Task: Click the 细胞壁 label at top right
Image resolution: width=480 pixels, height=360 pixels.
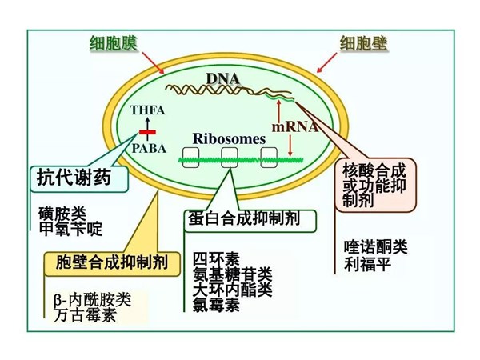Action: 364,42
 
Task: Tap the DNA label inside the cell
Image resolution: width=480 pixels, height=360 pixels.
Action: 222,78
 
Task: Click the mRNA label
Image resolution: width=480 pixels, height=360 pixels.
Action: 294,126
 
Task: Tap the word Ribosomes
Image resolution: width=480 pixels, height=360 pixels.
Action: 229,138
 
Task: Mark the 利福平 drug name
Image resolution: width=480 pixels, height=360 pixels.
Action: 367,263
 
